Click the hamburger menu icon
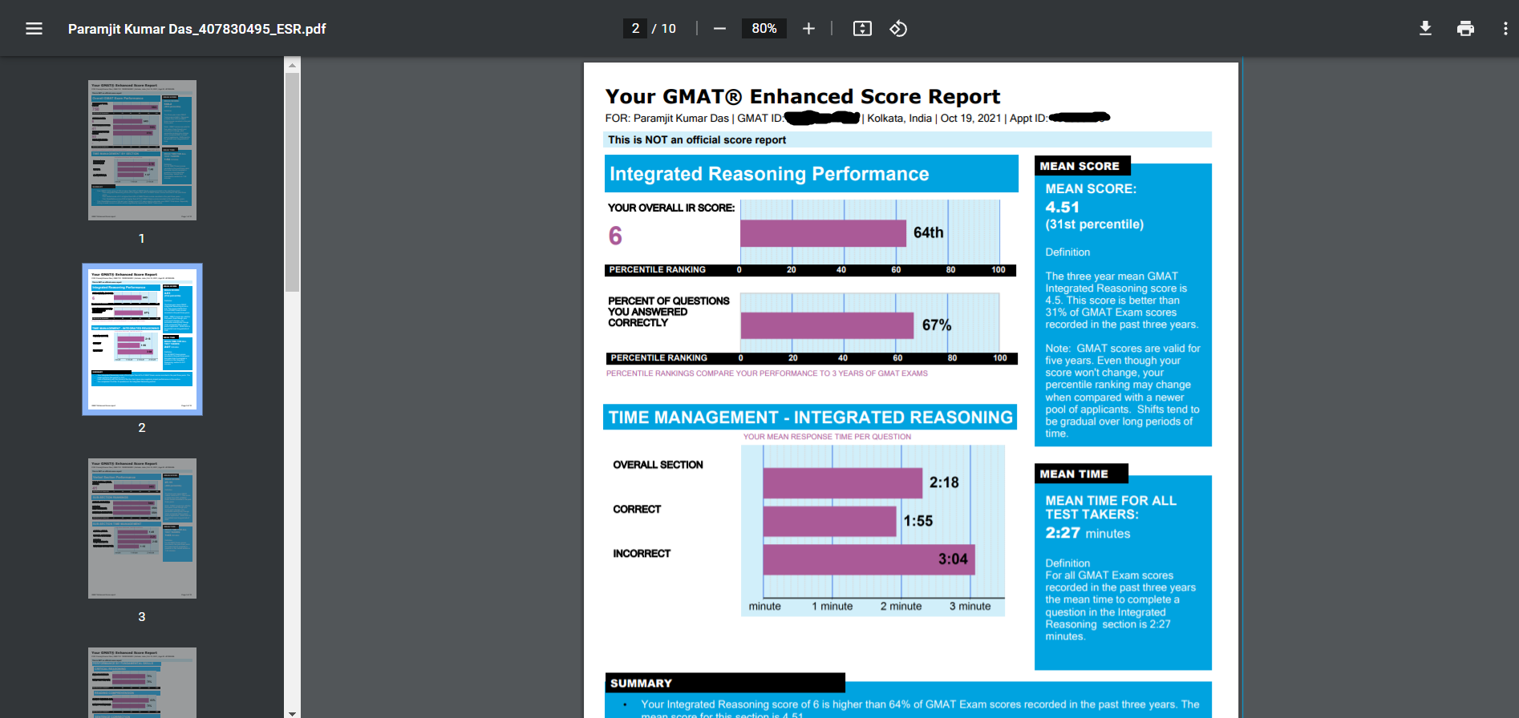click(34, 29)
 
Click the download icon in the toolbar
click(1425, 29)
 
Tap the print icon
click(1465, 29)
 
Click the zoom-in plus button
click(808, 29)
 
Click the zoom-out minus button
click(719, 29)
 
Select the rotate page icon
click(898, 29)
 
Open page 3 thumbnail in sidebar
click(142, 529)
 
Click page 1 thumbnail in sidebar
click(142, 150)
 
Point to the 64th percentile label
click(928, 232)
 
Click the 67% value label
click(936, 325)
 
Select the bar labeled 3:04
click(868, 559)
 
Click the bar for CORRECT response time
click(829, 521)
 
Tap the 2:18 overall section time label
click(943, 482)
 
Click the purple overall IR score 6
click(615, 236)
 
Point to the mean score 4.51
click(1062, 207)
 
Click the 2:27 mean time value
click(1063, 533)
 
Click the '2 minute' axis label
click(901, 607)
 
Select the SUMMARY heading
click(641, 684)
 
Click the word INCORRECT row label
click(642, 554)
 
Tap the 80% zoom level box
click(764, 29)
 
